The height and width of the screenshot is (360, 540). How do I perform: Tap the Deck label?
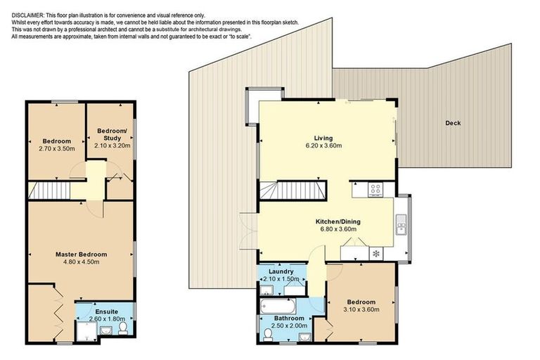tap(453, 123)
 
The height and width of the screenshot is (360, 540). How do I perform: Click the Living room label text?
tap(323, 138)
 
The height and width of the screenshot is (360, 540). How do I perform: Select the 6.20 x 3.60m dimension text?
tap(323, 146)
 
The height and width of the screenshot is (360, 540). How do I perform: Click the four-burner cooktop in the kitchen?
tap(375, 188)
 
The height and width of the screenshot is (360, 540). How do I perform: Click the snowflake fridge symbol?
tap(375, 252)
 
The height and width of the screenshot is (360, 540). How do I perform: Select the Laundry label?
tap(281, 271)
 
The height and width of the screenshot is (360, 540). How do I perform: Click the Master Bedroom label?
tap(82, 254)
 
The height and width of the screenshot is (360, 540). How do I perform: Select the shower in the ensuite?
tap(85, 329)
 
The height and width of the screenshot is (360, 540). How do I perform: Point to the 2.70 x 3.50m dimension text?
tap(56, 148)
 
